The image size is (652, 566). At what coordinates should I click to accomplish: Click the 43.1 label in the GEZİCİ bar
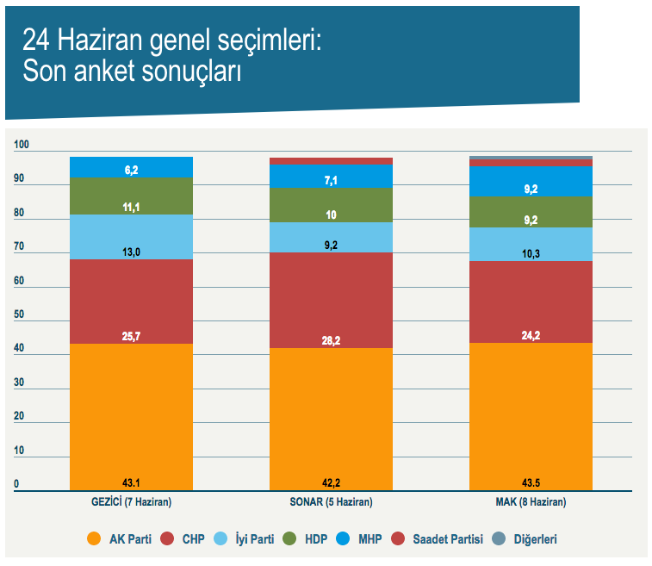point(132,481)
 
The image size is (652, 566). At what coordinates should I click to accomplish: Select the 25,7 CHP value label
point(132,335)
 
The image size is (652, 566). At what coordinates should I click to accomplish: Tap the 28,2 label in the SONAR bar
point(331,340)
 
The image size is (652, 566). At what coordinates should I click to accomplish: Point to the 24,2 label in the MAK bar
point(531,335)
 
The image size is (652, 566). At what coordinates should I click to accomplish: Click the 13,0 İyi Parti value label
point(132,252)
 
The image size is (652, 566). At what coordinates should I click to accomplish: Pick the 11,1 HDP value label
point(132,208)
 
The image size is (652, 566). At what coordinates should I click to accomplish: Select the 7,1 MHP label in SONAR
point(331,180)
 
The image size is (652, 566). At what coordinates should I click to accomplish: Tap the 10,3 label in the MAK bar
point(531,253)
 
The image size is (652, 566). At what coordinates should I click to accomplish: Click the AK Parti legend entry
point(121,539)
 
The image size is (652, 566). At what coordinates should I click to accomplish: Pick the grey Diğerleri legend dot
point(499,539)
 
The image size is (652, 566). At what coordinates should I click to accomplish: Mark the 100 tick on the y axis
point(22,146)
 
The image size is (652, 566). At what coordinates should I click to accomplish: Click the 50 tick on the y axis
point(20,315)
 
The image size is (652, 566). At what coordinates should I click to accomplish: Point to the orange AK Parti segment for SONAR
point(331,414)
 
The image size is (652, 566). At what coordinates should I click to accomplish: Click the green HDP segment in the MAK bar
point(531,210)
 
